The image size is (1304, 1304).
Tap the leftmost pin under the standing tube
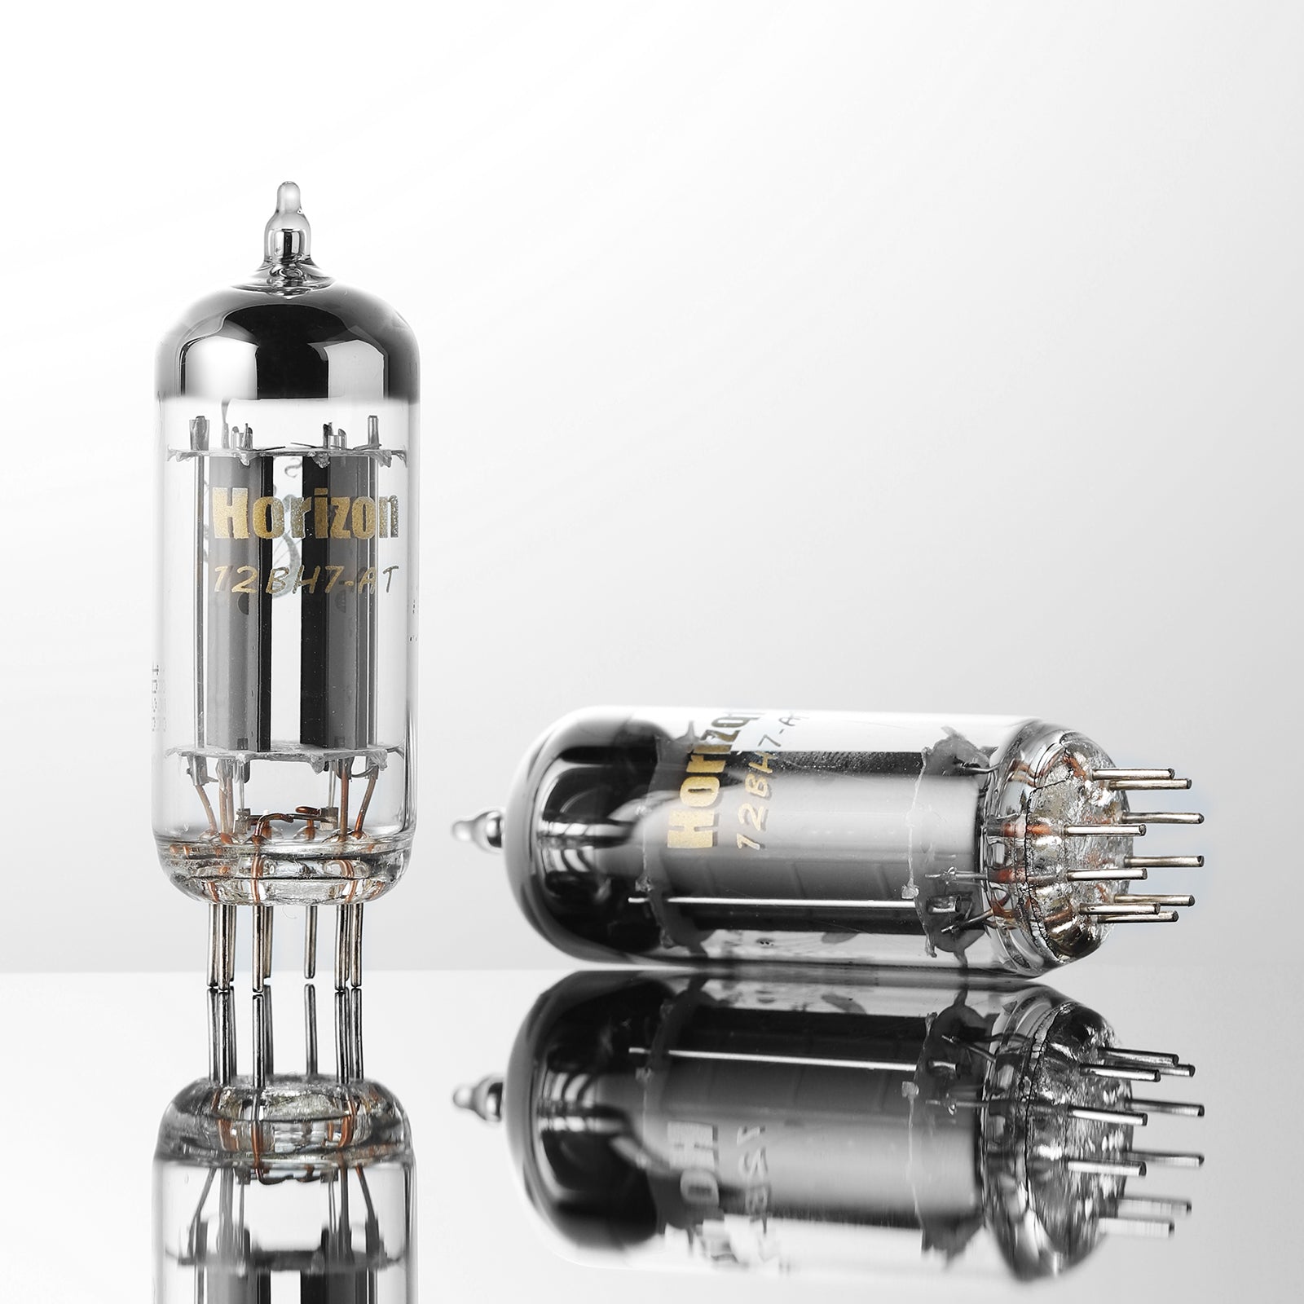[x=214, y=945]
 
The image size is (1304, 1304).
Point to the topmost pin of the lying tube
[x=1141, y=774]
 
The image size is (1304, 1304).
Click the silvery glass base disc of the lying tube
[x=1035, y=839]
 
